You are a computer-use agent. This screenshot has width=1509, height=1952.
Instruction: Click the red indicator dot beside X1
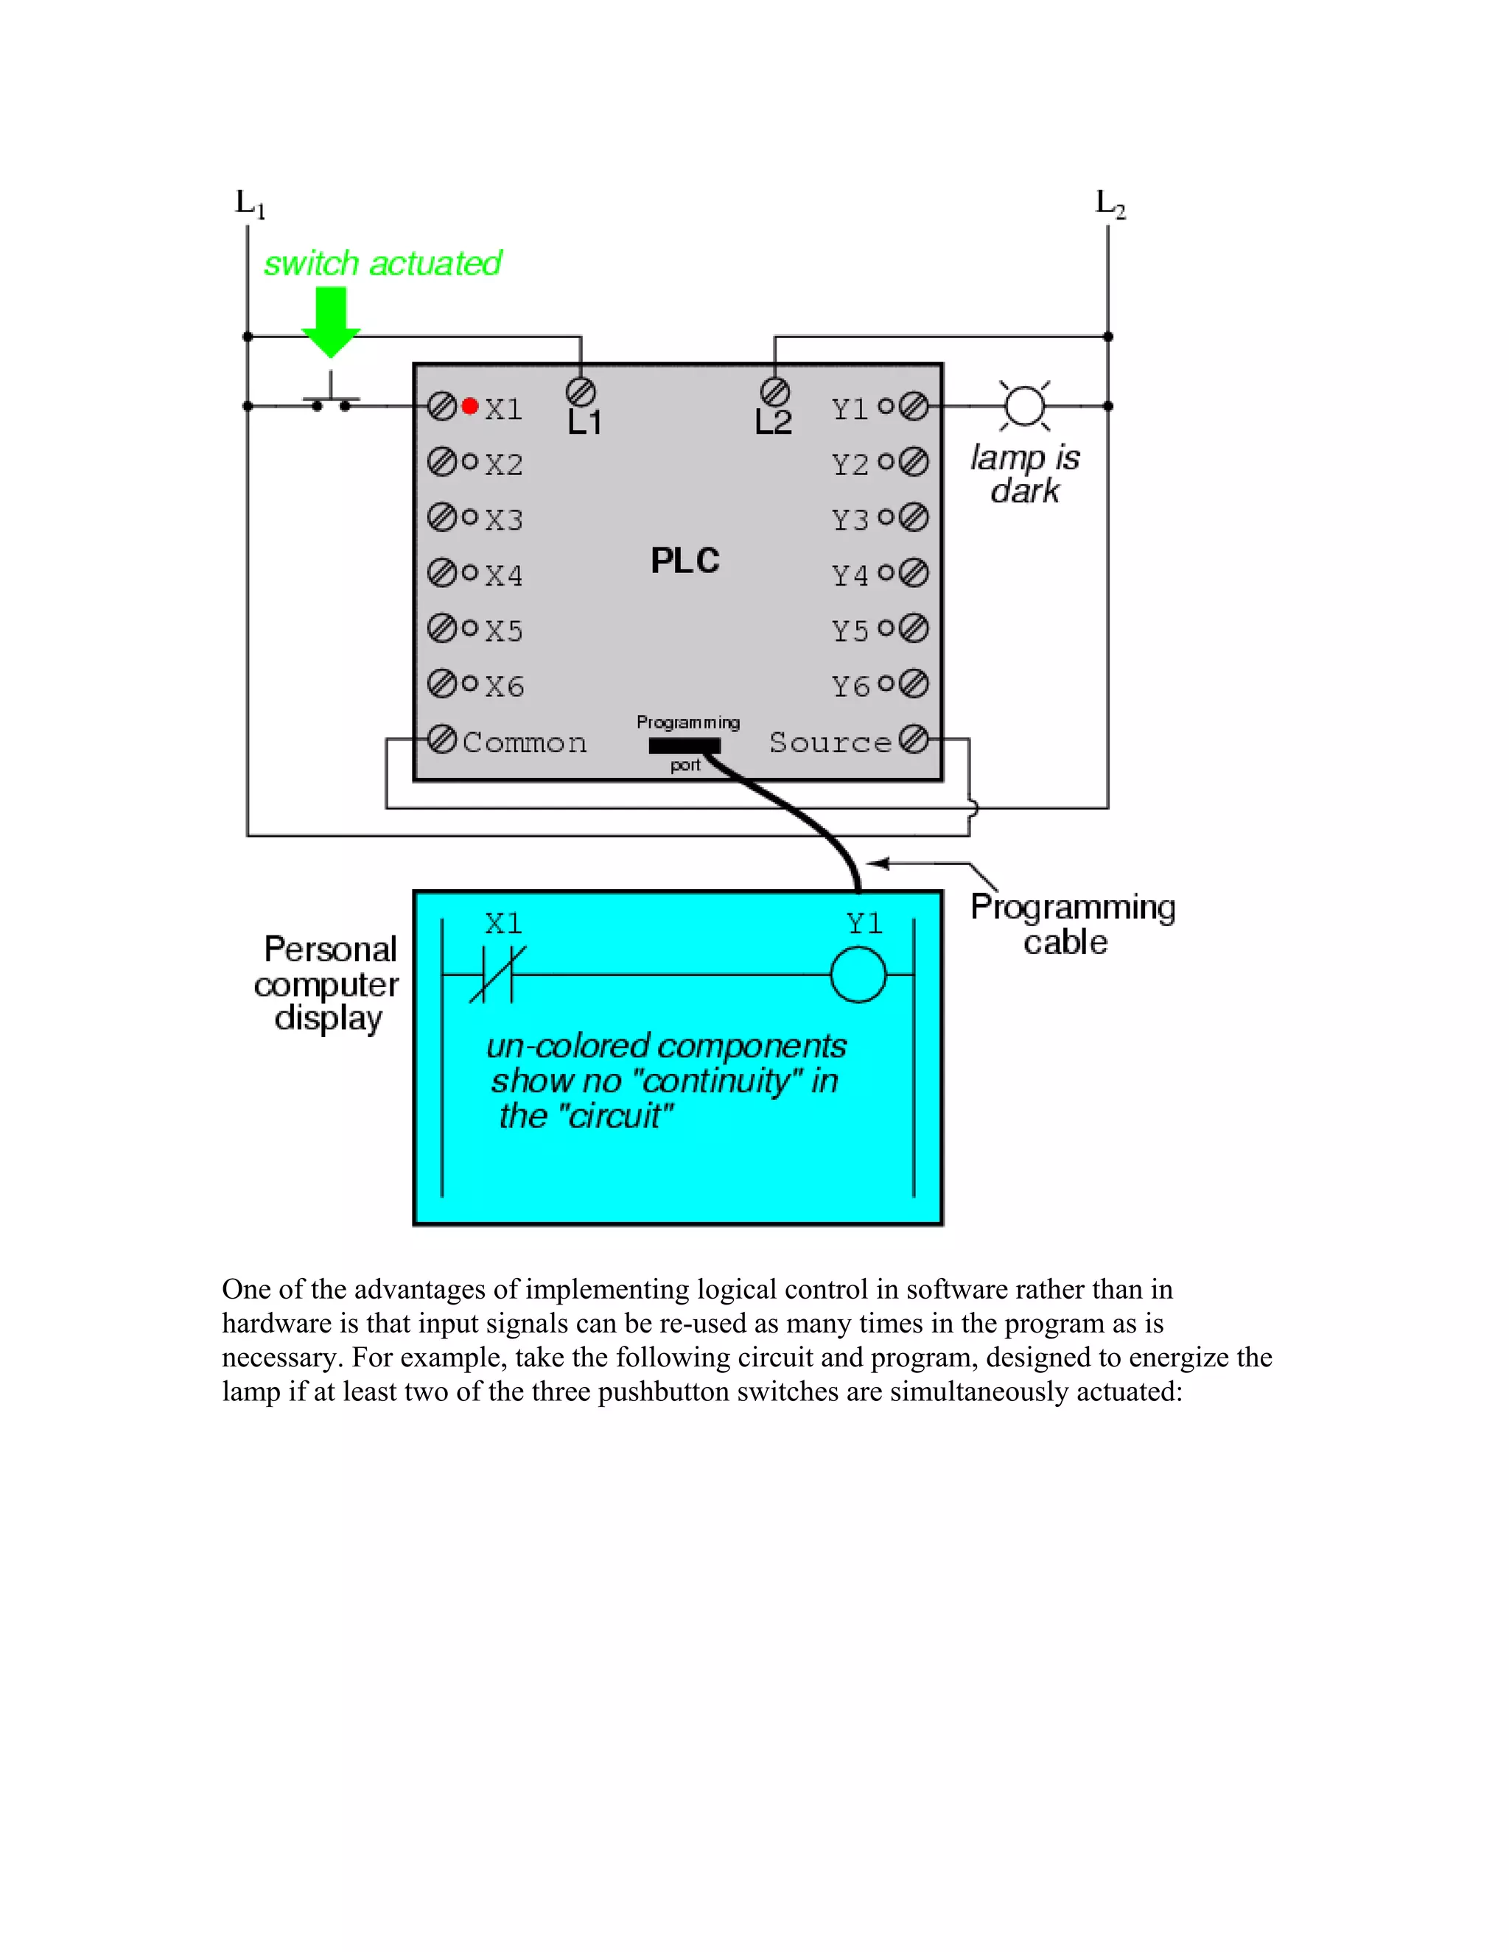pyautogui.click(x=469, y=407)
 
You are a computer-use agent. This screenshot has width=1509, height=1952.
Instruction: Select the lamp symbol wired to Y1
pyautogui.click(x=1024, y=406)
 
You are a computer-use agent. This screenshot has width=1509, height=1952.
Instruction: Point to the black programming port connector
pyautogui.click(x=684, y=745)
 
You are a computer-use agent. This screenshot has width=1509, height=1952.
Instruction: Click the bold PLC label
pyautogui.click(x=685, y=561)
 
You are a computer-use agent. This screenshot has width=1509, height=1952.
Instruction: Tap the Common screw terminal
pyautogui.click(x=441, y=739)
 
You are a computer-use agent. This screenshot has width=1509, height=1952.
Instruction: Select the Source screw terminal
pyautogui.click(x=914, y=739)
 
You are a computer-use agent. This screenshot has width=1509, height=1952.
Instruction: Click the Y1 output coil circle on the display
pyautogui.click(x=858, y=975)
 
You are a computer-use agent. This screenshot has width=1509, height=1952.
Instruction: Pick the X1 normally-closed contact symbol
pyautogui.click(x=497, y=975)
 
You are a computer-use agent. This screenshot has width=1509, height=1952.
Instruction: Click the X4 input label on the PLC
pyautogui.click(x=504, y=575)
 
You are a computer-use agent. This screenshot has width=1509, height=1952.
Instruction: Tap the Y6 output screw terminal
pyautogui.click(x=914, y=684)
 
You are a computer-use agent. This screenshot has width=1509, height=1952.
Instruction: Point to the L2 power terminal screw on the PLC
pyautogui.click(x=774, y=391)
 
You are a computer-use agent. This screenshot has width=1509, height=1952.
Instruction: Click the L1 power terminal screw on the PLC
pyautogui.click(x=581, y=391)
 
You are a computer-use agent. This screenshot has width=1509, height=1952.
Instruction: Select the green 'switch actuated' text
pyautogui.click(x=382, y=264)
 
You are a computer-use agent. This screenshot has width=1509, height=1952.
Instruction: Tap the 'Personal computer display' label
pyautogui.click(x=328, y=983)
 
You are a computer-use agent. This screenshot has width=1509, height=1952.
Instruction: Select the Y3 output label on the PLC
pyautogui.click(x=850, y=519)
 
